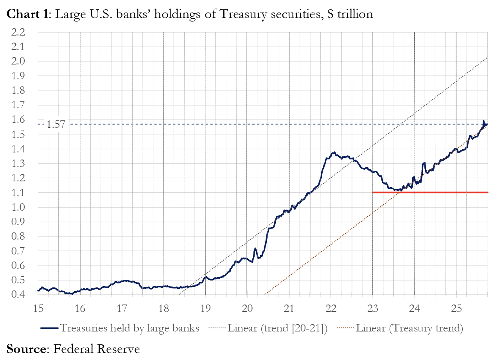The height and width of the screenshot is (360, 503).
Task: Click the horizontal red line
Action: click(x=430, y=192)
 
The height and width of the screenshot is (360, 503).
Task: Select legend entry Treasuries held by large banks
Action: click(x=129, y=328)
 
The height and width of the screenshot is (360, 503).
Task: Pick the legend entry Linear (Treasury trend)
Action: click(x=410, y=328)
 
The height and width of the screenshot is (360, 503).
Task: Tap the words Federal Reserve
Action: click(x=96, y=348)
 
